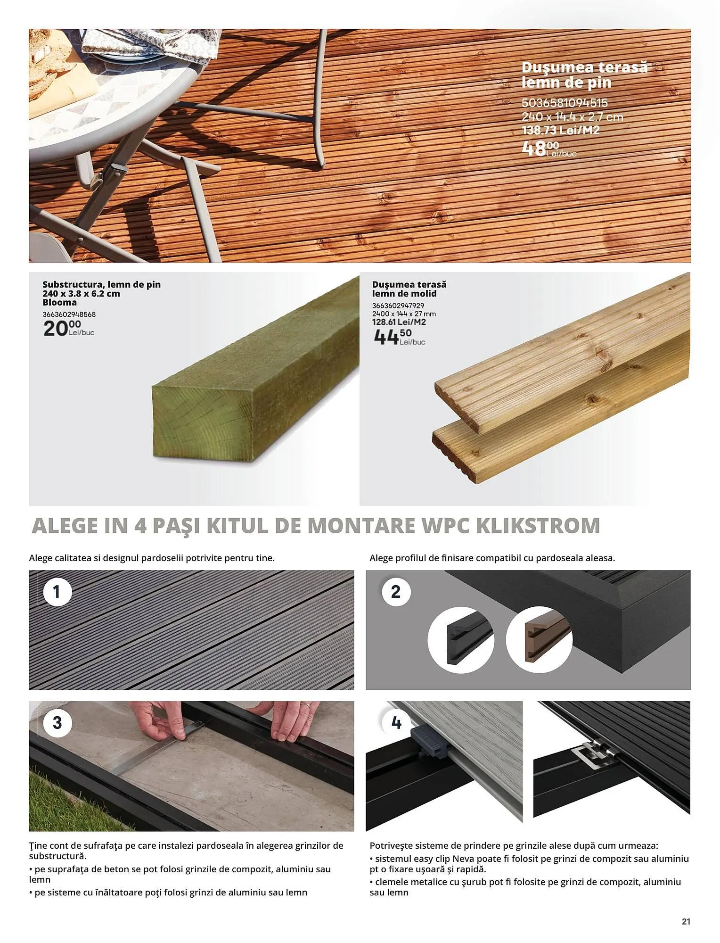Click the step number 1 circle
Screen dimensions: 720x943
coord(57,591)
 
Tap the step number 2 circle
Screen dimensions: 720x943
coord(395,591)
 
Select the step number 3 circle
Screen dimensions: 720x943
coord(57,722)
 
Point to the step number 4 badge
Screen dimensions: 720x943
coord(396,722)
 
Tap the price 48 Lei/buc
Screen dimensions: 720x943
coord(549,149)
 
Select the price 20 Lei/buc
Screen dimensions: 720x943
coord(69,328)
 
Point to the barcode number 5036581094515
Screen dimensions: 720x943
coord(565,103)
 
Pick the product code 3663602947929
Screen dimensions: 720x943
coord(398,306)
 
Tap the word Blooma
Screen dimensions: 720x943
coord(59,303)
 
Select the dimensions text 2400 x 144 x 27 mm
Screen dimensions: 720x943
coord(404,314)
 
